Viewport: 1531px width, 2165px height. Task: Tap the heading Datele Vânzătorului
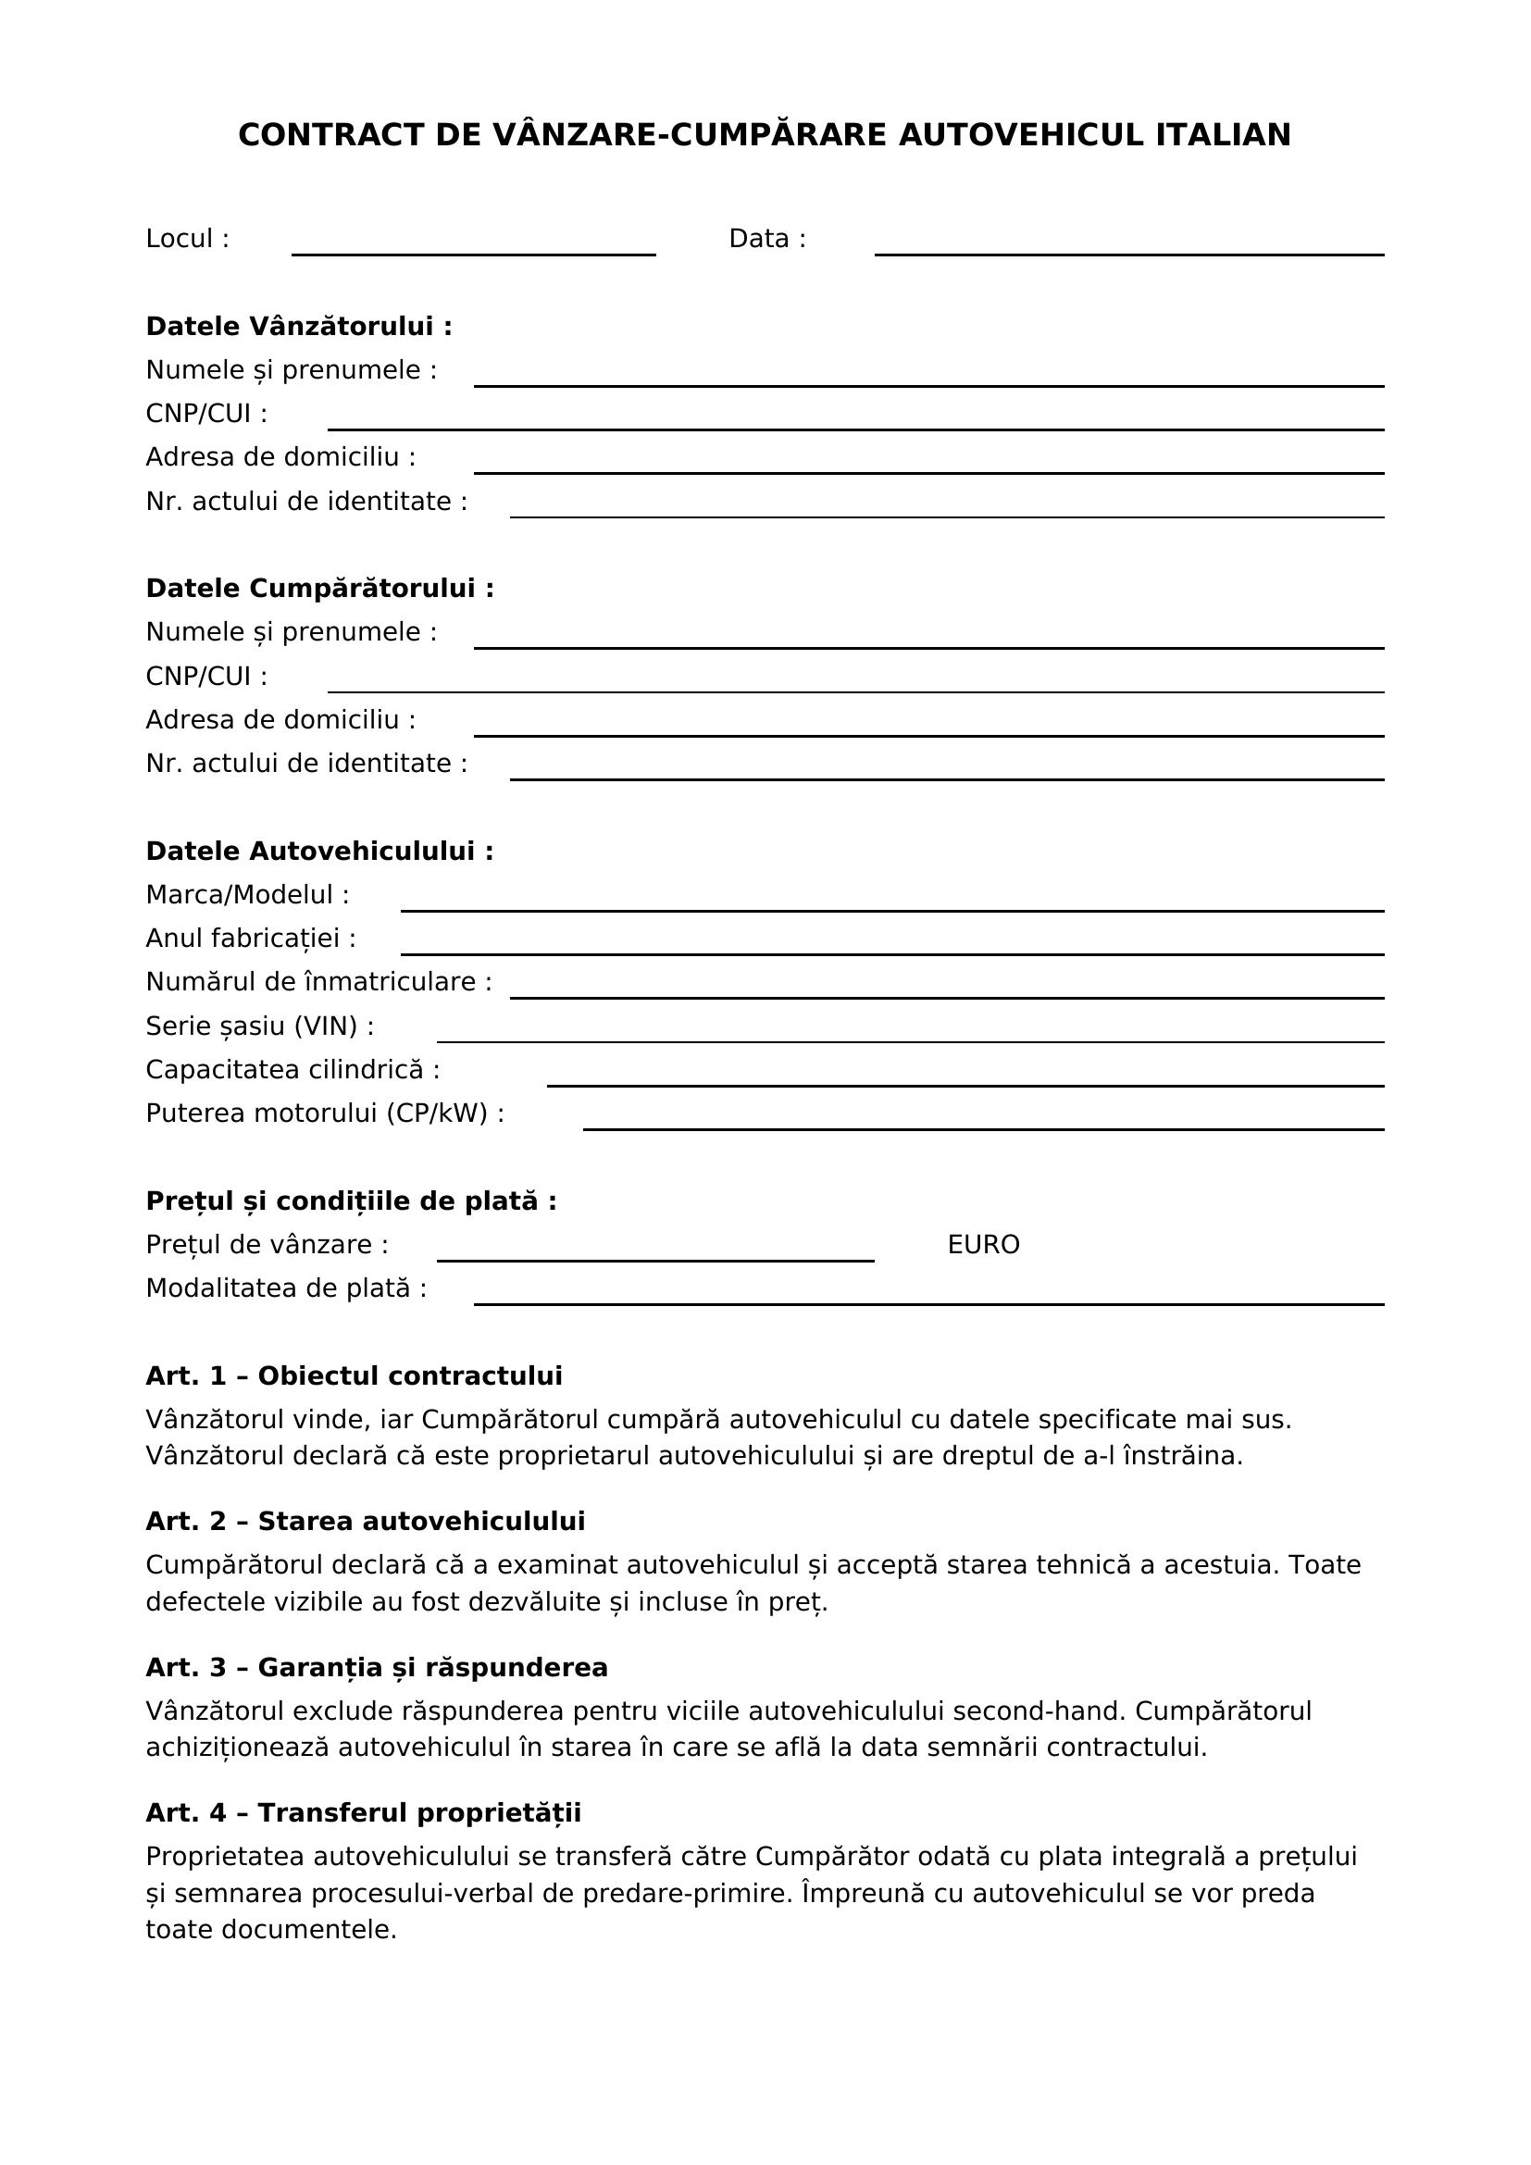click(x=299, y=326)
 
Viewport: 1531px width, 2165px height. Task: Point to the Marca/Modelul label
click(x=247, y=895)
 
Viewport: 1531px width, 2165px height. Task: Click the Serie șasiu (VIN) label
click(x=259, y=1026)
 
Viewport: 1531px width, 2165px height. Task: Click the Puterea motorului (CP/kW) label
click(x=324, y=1114)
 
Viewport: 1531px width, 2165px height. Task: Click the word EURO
click(x=983, y=1245)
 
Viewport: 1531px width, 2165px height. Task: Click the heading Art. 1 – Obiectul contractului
click(x=354, y=1375)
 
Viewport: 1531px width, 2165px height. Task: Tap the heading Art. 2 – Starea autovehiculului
click(x=365, y=1521)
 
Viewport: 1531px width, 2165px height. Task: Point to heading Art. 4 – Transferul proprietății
click(x=363, y=1812)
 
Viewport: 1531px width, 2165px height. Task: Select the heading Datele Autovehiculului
click(x=319, y=852)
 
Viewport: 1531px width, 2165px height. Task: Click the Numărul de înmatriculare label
click(x=318, y=983)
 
